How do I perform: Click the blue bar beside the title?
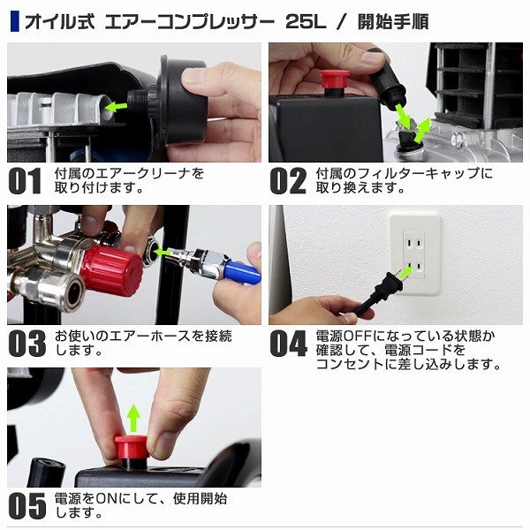[x=15, y=21]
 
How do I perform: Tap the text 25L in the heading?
[x=306, y=22]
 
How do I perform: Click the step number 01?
[x=25, y=181]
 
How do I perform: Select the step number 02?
[x=288, y=181]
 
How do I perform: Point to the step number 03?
[x=27, y=344]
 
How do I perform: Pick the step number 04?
[x=289, y=344]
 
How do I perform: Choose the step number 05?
[x=27, y=505]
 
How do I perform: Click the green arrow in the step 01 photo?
[x=116, y=107]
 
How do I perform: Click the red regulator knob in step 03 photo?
[x=111, y=269]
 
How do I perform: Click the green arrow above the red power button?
[x=134, y=418]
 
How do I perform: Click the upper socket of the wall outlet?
[x=413, y=243]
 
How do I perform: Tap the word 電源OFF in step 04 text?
[x=344, y=336]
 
